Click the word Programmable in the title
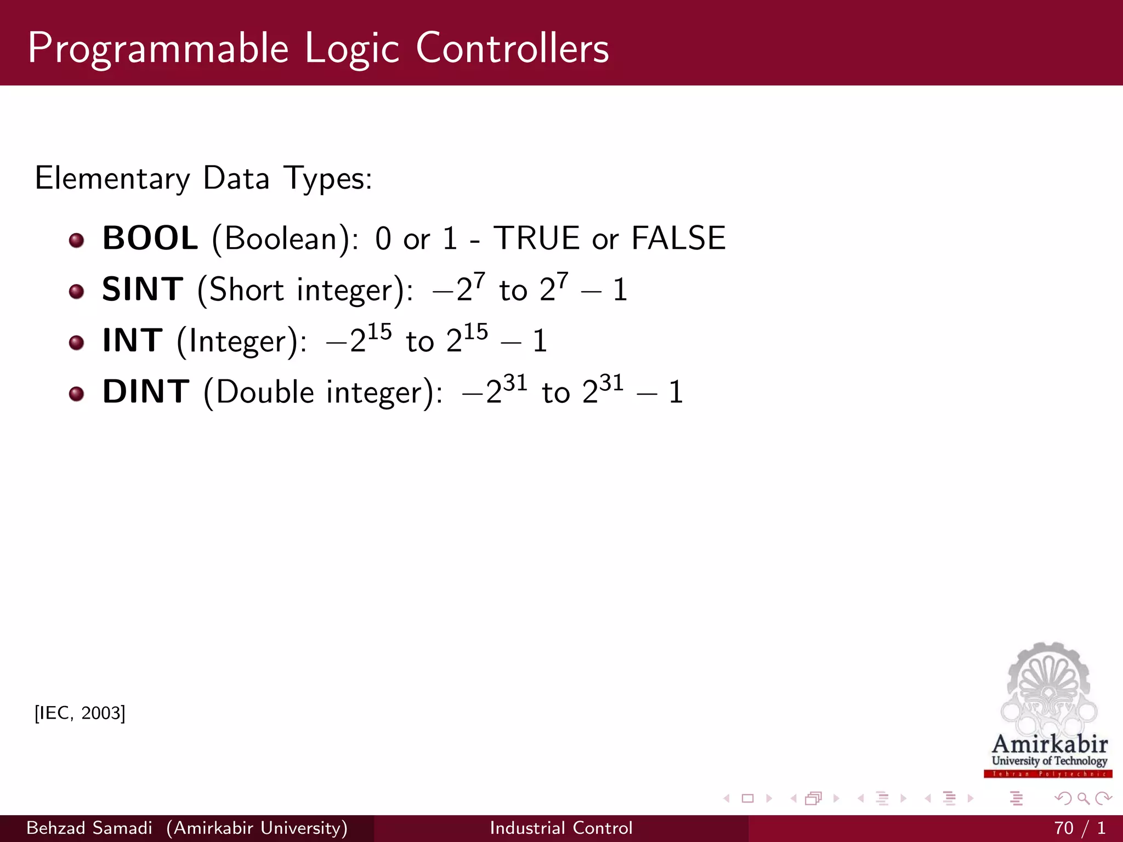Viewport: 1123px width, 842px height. tap(158, 49)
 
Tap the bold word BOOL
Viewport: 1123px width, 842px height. tap(150, 238)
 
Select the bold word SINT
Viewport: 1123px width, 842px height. tap(143, 289)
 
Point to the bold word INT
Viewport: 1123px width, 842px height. tap(133, 340)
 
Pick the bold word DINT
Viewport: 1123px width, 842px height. tap(146, 391)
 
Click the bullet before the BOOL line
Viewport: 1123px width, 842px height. tap(76, 240)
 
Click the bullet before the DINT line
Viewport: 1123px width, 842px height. tap(76, 393)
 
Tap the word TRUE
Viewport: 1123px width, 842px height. tap(536, 238)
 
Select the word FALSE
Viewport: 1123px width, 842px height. tap(678, 238)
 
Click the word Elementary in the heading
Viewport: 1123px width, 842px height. tap(112, 179)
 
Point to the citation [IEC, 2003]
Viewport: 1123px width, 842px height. tap(80, 713)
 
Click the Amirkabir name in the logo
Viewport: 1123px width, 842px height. tap(1050, 744)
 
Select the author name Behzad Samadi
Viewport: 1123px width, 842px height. tap(89, 828)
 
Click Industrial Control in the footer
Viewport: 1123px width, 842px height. tap(561, 828)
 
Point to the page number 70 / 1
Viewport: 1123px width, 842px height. tap(1079, 828)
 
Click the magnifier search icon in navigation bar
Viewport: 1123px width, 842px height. tap(1083, 799)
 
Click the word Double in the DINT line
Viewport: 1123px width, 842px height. tap(265, 392)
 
